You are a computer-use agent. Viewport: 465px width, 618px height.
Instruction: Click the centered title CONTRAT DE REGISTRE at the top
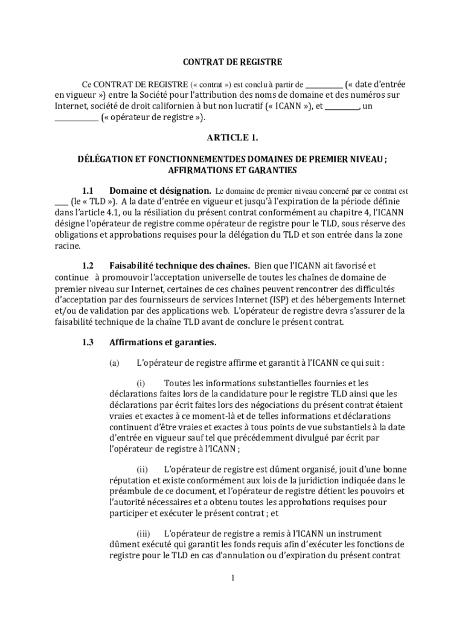232,62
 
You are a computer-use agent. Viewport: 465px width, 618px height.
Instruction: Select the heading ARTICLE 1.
232,138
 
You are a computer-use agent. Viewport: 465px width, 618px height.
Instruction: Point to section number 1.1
88,191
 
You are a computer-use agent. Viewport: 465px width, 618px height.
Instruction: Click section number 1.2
88,266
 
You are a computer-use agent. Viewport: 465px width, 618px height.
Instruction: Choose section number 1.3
88,343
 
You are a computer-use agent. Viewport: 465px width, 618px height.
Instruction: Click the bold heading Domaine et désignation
160,191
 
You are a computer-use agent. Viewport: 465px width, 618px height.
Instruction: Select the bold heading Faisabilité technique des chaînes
179,266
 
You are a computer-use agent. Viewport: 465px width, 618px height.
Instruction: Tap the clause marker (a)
114,363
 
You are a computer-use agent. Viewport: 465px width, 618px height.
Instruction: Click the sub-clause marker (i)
141,383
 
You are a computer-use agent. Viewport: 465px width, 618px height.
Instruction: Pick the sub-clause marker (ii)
142,470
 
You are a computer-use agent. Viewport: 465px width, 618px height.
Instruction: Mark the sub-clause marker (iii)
143,534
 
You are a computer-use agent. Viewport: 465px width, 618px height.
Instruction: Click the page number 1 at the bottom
232,578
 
